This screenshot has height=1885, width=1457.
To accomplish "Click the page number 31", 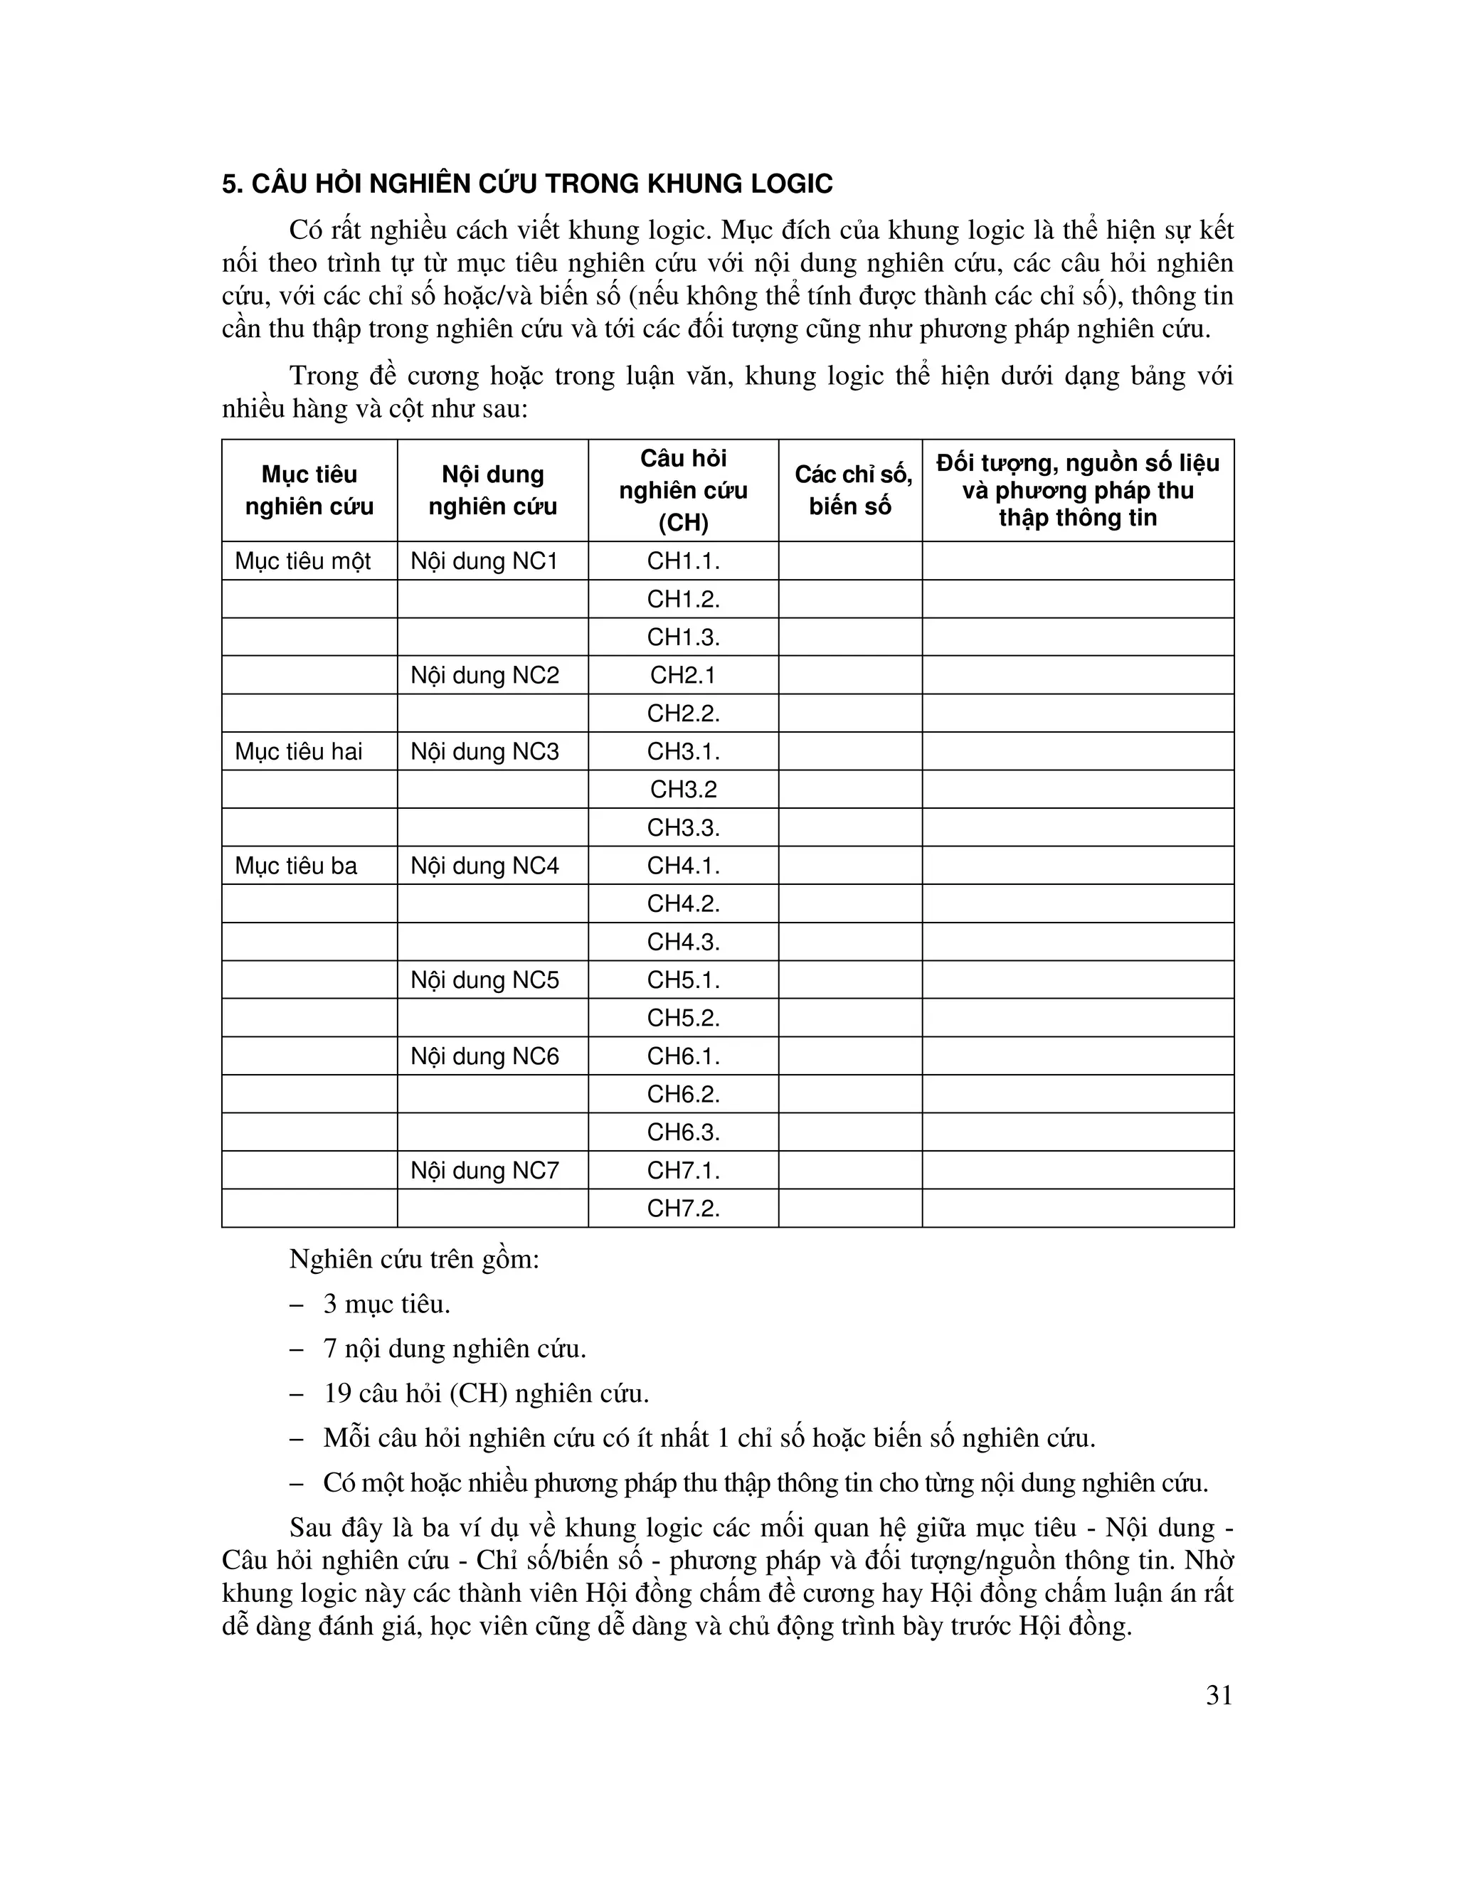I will pyautogui.click(x=1219, y=1696).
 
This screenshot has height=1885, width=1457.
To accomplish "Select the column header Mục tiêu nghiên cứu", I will pyautogui.click(x=309, y=490).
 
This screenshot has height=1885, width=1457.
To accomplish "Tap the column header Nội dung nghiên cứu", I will pyautogui.click(x=492, y=490).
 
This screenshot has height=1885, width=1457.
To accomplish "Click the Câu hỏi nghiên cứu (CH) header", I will pyautogui.click(x=683, y=490).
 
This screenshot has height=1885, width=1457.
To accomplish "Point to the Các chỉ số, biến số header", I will pyautogui.click(x=850, y=490).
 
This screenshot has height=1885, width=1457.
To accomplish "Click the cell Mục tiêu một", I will pyautogui.click(x=302, y=561).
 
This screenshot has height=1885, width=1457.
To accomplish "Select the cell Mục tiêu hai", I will pyautogui.click(x=298, y=752).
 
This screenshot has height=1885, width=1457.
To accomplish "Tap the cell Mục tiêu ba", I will pyautogui.click(x=295, y=866).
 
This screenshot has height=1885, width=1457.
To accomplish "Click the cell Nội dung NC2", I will pyautogui.click(x=484, y=675).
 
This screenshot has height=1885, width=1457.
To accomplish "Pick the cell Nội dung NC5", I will pyautogui.click(x=484, y=980).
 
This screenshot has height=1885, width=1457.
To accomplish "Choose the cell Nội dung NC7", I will pyautogui.click(x=484, y=1170).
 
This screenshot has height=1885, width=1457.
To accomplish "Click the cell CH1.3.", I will pyautogui.click(x=683, y=637).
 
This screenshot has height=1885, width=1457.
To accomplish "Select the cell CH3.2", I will pyautogui.click(x=683, y=790).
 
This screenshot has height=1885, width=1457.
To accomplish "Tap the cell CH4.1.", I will pyautogui.click(x=683, y=866).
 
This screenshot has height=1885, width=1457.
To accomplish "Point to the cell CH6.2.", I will pyautogui.click(x=683, y=1095).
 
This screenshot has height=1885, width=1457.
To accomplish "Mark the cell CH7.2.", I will pyautogui.click(x=683, y=1209).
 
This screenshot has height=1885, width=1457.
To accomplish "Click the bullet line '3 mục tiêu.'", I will pyautogui.click(x=387, y=1304).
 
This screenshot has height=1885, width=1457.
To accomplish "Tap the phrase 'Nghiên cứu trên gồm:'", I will pyautogui.click(x=413, y=1259).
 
